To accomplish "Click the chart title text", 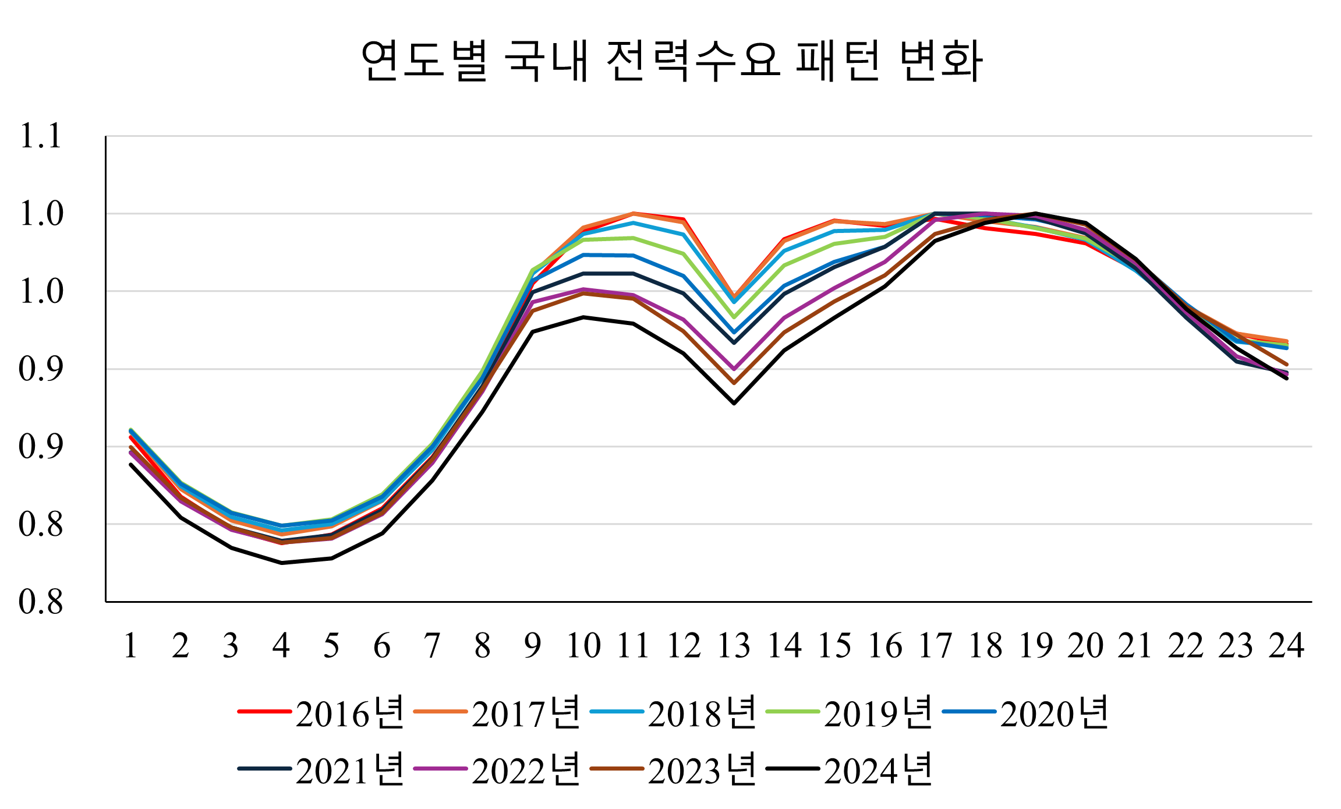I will (671, 61).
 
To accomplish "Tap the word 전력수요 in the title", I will (693, 61).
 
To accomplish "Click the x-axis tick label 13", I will (734, 645).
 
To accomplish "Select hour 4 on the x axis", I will (281, 645).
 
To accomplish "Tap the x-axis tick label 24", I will (1286, 645).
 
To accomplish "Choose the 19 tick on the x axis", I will (1036, 645).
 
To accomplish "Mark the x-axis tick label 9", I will (532, 645).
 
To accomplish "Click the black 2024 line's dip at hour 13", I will (734, 403).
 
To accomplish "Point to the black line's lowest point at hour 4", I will (282, 563).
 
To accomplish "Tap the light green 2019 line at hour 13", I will (734, 317).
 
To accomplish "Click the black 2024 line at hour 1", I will (131, 464).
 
